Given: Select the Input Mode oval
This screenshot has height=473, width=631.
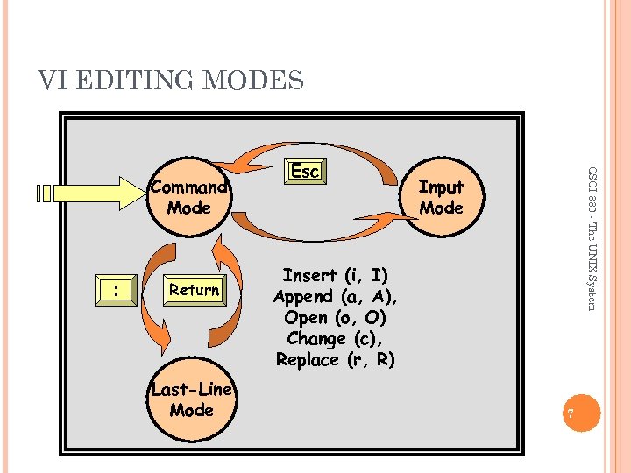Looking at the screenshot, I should pyautogui.click(x=440, y=197).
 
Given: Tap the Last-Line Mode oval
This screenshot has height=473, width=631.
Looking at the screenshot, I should pyautogui.click(x=192, y=400).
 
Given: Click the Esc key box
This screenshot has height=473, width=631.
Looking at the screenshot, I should pyautogui.click(x=304, y=172).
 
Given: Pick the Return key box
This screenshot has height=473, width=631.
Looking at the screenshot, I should pyautogui.click(x=195, y=290).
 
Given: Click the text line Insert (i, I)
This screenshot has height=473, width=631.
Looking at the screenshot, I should pyautogui.click(x=335, y=276).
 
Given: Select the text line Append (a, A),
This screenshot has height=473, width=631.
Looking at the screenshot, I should pyautogui.click(x=335, y=297).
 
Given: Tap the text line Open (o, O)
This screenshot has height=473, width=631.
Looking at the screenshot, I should pyautogui.click(x=335, y=317).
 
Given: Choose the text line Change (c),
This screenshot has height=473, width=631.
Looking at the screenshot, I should pyautogui.click(x=335, y=338).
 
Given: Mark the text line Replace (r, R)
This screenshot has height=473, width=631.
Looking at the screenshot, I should pyautogui.click(x=335, y=359).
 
